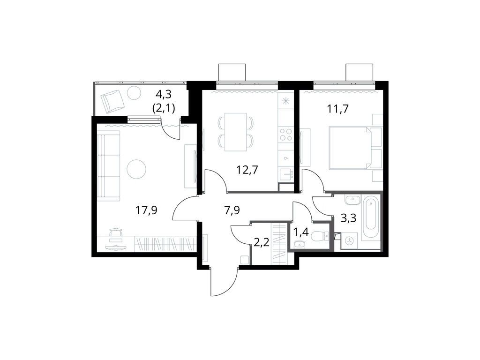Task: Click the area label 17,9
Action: [146, 210]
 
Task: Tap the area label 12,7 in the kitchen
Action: [247, 169]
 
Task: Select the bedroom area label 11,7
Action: [337, 109]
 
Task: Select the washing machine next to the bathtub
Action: [349, 240]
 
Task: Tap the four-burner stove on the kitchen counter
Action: [285, 135]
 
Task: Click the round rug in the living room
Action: [136, 169]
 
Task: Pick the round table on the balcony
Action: [134, 93]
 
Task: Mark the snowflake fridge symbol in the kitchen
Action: [285, 100]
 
